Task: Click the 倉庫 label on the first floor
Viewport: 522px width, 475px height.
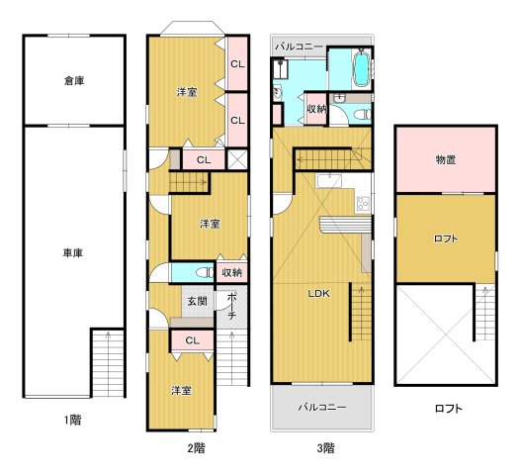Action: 74,81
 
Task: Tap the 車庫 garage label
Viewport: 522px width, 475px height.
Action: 73,253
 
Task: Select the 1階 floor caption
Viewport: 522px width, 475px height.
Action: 72,420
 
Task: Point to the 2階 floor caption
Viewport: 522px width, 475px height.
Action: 196,448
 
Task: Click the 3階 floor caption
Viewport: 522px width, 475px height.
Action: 325,448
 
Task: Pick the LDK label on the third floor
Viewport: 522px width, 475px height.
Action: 318,294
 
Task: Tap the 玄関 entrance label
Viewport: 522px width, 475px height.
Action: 198,302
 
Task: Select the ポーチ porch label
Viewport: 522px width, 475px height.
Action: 232,306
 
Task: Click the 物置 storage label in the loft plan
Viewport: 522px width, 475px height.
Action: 446,160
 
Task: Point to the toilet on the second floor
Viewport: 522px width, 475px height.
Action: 205,273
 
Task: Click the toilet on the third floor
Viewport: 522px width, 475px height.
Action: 362,115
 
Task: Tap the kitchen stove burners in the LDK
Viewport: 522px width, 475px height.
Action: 363,203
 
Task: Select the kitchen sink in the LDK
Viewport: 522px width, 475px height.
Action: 329,181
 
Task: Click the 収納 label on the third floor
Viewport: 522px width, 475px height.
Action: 316,109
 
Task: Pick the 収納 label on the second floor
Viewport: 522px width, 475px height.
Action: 231,273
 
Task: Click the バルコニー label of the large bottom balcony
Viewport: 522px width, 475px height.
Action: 322,407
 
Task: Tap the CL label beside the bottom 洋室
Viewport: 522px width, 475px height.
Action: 193,340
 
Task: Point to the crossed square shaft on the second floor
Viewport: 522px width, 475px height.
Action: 237,159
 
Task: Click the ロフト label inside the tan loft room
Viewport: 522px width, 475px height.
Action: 446,238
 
